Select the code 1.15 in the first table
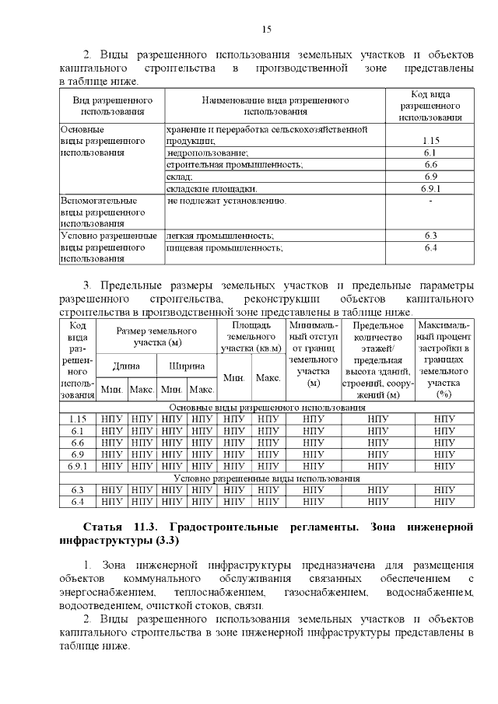431,141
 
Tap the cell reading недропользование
208,153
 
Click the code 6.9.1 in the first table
431,188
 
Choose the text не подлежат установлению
226,201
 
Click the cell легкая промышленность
220,235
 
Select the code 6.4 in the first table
431,247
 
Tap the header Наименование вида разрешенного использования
275,106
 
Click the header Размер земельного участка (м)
156,337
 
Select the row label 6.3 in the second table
77,490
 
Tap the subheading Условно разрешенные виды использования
266,478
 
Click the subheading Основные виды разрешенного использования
266,407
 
